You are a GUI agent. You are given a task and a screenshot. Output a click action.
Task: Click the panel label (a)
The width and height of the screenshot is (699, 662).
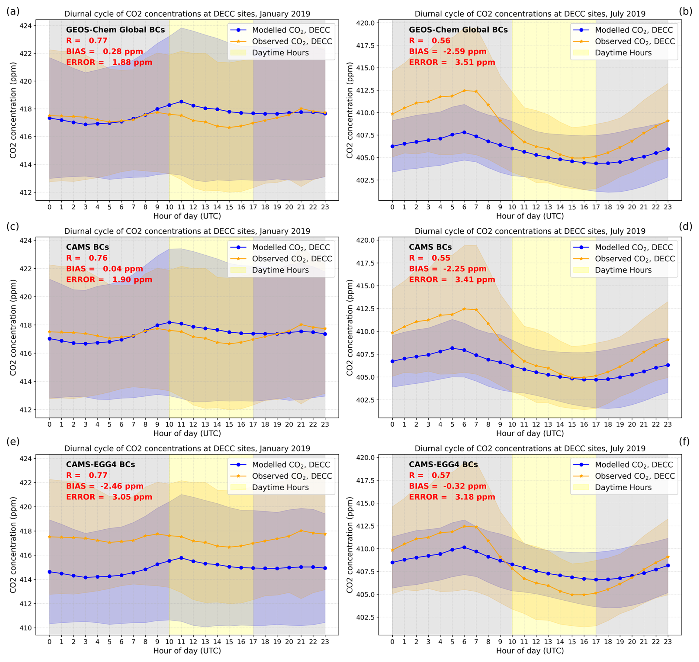point(13,11)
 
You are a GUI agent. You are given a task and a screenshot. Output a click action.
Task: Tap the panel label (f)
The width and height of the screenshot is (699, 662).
point(685,442)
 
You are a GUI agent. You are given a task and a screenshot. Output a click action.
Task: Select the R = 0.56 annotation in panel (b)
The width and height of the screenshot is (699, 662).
point(429,41)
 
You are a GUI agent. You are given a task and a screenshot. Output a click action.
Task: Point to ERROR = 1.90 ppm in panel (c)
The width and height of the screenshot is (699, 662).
point(109,279)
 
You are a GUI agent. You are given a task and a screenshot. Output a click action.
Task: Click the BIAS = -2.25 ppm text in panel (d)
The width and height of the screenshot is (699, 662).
point(447,269)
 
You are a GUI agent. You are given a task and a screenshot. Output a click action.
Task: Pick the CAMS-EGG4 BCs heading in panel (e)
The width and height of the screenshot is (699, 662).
point(100,464)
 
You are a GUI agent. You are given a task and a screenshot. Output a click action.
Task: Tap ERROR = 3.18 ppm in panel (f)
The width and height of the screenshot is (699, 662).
point(452,497)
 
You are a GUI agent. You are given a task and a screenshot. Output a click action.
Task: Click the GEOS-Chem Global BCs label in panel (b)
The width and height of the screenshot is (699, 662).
point(458,30)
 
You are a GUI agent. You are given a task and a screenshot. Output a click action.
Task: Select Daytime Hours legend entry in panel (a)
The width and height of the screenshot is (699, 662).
point(280,52)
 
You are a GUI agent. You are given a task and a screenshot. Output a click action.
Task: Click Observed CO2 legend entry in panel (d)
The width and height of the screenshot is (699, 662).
point(634,259)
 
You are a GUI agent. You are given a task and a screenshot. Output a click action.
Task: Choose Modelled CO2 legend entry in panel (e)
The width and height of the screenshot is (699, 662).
point(291,465)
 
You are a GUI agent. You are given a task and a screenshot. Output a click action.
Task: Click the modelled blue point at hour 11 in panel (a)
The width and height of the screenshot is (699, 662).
point(181,101)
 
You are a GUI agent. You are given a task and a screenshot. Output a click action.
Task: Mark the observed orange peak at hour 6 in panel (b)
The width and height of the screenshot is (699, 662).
point(464,91)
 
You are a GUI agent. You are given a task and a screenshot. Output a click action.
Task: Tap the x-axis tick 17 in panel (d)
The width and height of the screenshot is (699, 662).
point(596,424)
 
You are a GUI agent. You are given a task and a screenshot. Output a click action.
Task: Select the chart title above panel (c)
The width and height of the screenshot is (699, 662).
point(187,231)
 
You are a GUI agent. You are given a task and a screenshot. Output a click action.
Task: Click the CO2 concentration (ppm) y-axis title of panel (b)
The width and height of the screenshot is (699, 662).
point(349,110)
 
